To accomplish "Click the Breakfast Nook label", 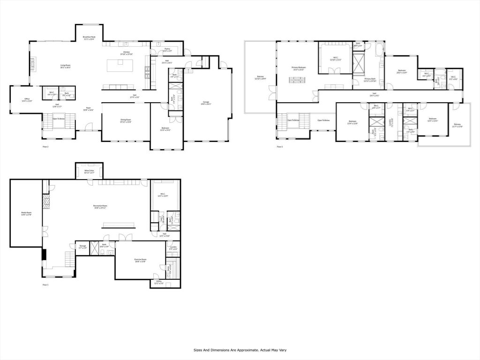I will (x=89, y=37).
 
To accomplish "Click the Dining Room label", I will (x=126, y=120).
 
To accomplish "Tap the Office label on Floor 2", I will (x=27, y=99).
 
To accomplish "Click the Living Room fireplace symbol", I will (x=33, y=63).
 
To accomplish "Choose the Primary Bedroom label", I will (x=299, y=67).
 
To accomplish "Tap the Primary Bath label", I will (x=370, y=79).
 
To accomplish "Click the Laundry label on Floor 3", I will (x=391, y=122).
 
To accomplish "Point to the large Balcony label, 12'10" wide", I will (x=260, y=77).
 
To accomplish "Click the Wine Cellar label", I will (x=89, y=171).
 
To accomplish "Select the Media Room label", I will (x=26, y=213).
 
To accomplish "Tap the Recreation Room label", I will (x=99, y=206).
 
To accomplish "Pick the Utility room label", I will (x=159, y=282).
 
